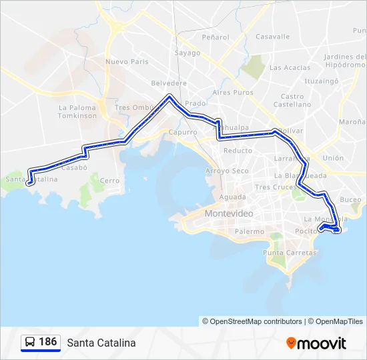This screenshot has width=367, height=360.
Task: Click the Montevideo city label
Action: tap(229, 213)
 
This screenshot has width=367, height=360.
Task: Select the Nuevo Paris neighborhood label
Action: tap(125, 62)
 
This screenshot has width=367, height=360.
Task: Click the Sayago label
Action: tap(188, 53)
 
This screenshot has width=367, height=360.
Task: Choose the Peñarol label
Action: tap(215, 37)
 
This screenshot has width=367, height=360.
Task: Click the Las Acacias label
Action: tap(290, 67)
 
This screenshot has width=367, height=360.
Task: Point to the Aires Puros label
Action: tap(233, 92)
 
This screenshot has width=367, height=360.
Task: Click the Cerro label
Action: tap(109, 181)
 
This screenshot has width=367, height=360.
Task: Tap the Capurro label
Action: tap(182, 132)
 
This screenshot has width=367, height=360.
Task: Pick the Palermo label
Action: tap(249, 231)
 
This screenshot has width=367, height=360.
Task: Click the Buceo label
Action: tap(350, 199)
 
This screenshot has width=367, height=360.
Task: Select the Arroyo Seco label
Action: tap(227, 171)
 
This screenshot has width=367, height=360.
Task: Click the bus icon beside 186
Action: tap(30, 342)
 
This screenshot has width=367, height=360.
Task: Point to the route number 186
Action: tap(48, 342)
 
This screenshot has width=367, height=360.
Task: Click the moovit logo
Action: tap(316, 343)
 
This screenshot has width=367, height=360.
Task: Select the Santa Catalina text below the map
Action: tap(101, 343)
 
